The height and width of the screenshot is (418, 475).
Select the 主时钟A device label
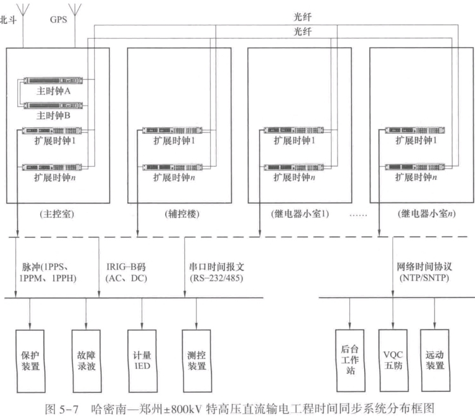(x=55, y=91)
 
